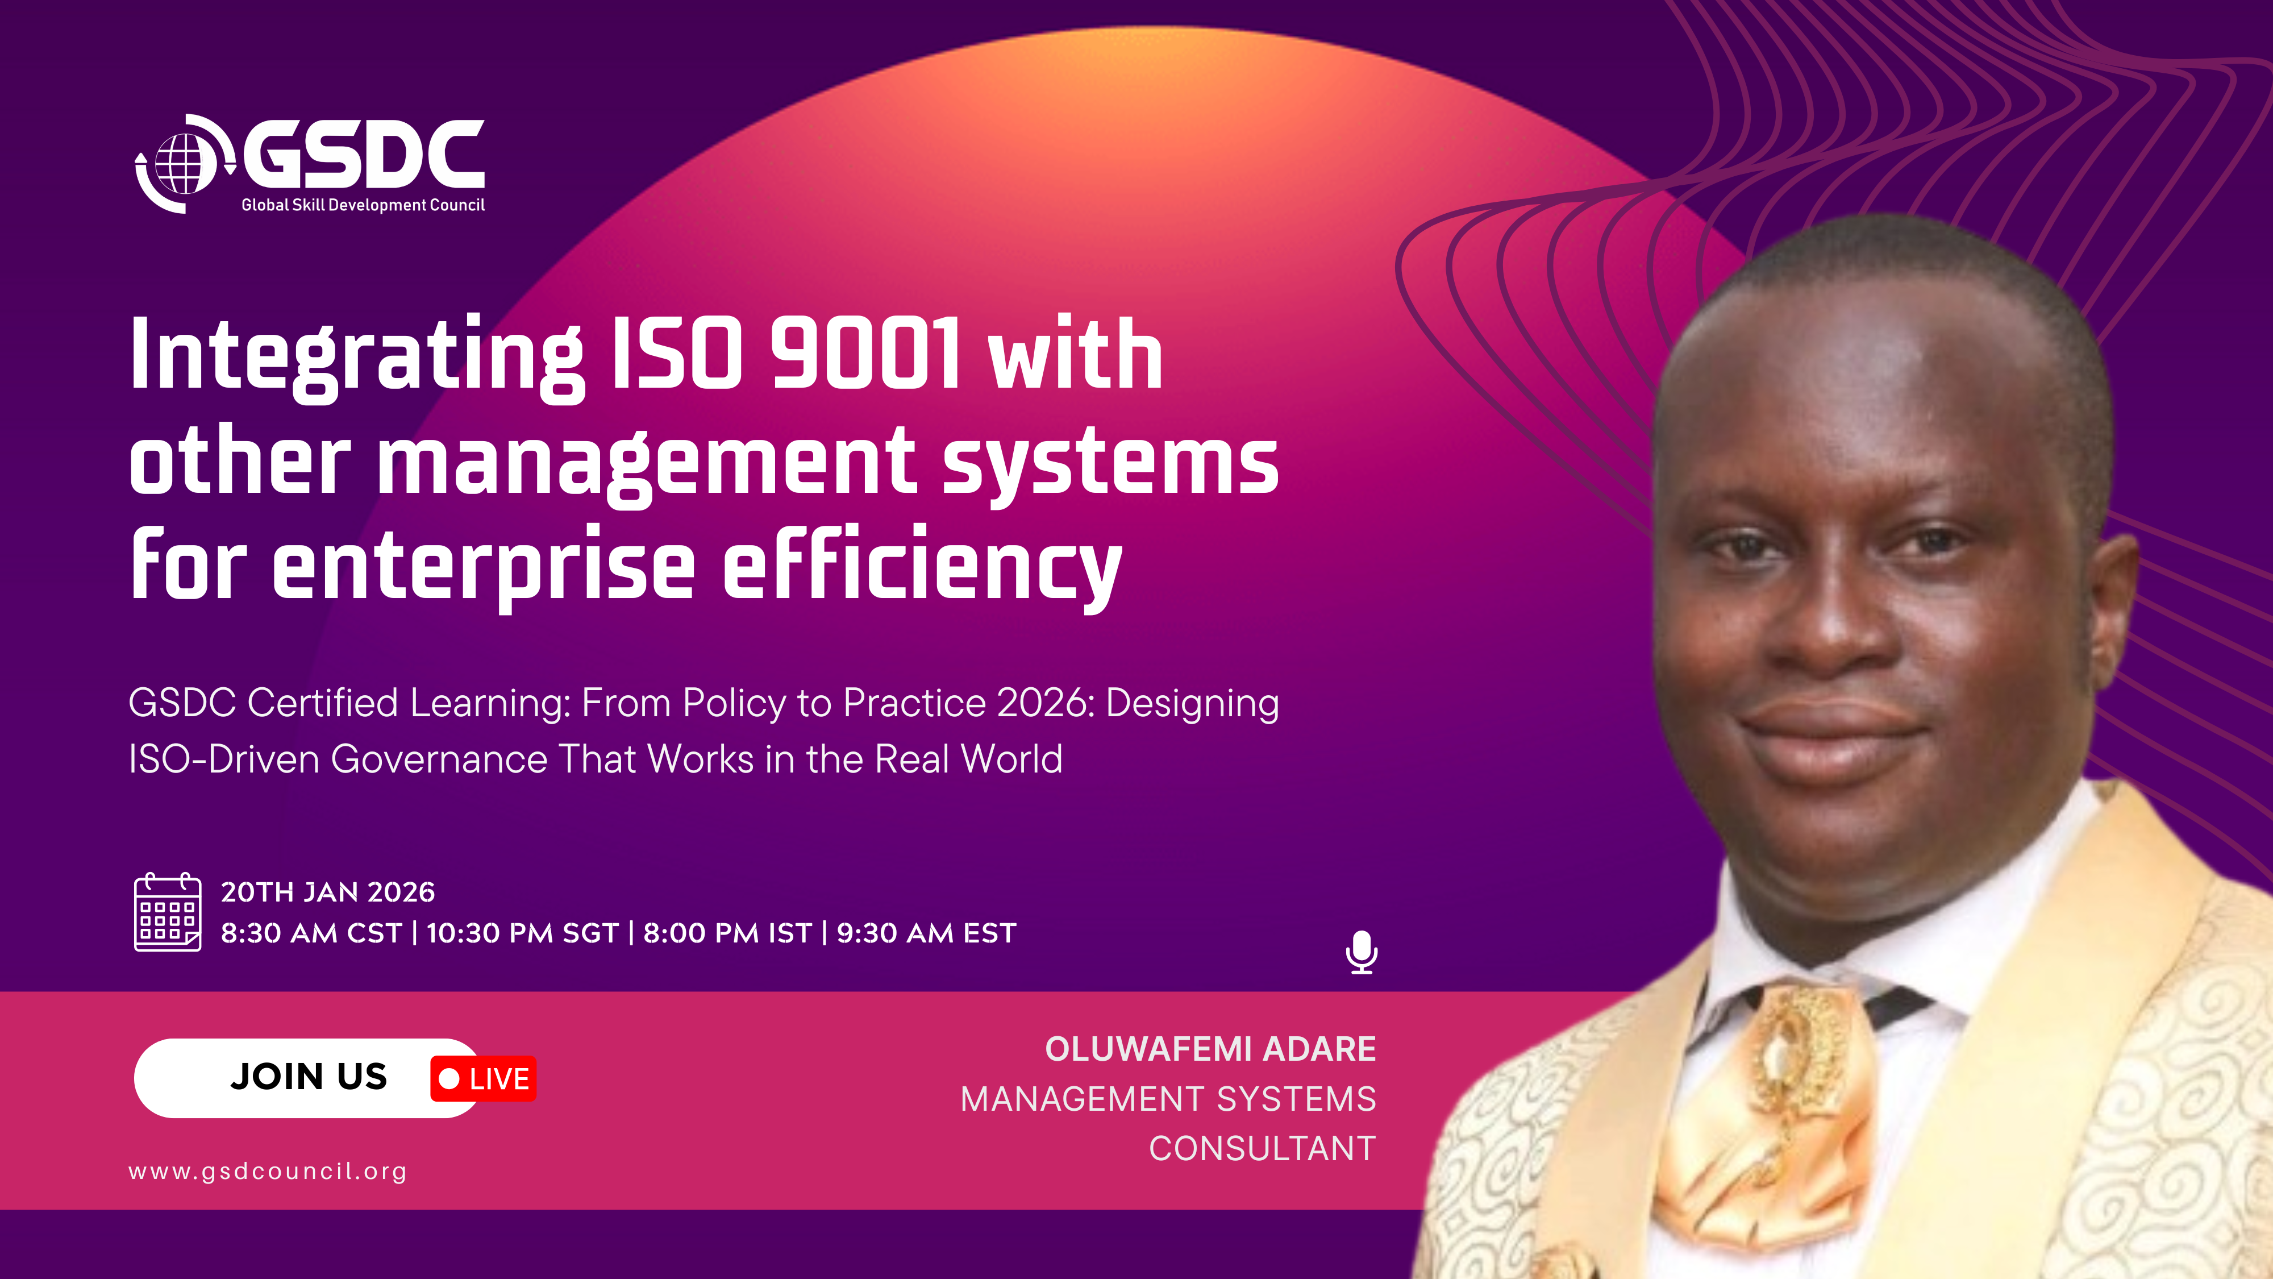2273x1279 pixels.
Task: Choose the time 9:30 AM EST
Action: point(926,933)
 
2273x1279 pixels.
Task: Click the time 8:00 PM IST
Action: point(727,933)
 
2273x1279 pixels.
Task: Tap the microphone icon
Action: point(1362,952)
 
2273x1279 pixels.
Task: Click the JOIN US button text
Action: point(309,1077)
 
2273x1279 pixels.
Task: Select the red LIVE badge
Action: point(484,1079)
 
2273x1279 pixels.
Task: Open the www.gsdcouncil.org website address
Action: point(267,1172)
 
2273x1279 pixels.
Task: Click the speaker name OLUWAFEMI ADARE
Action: point(1210,1049)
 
